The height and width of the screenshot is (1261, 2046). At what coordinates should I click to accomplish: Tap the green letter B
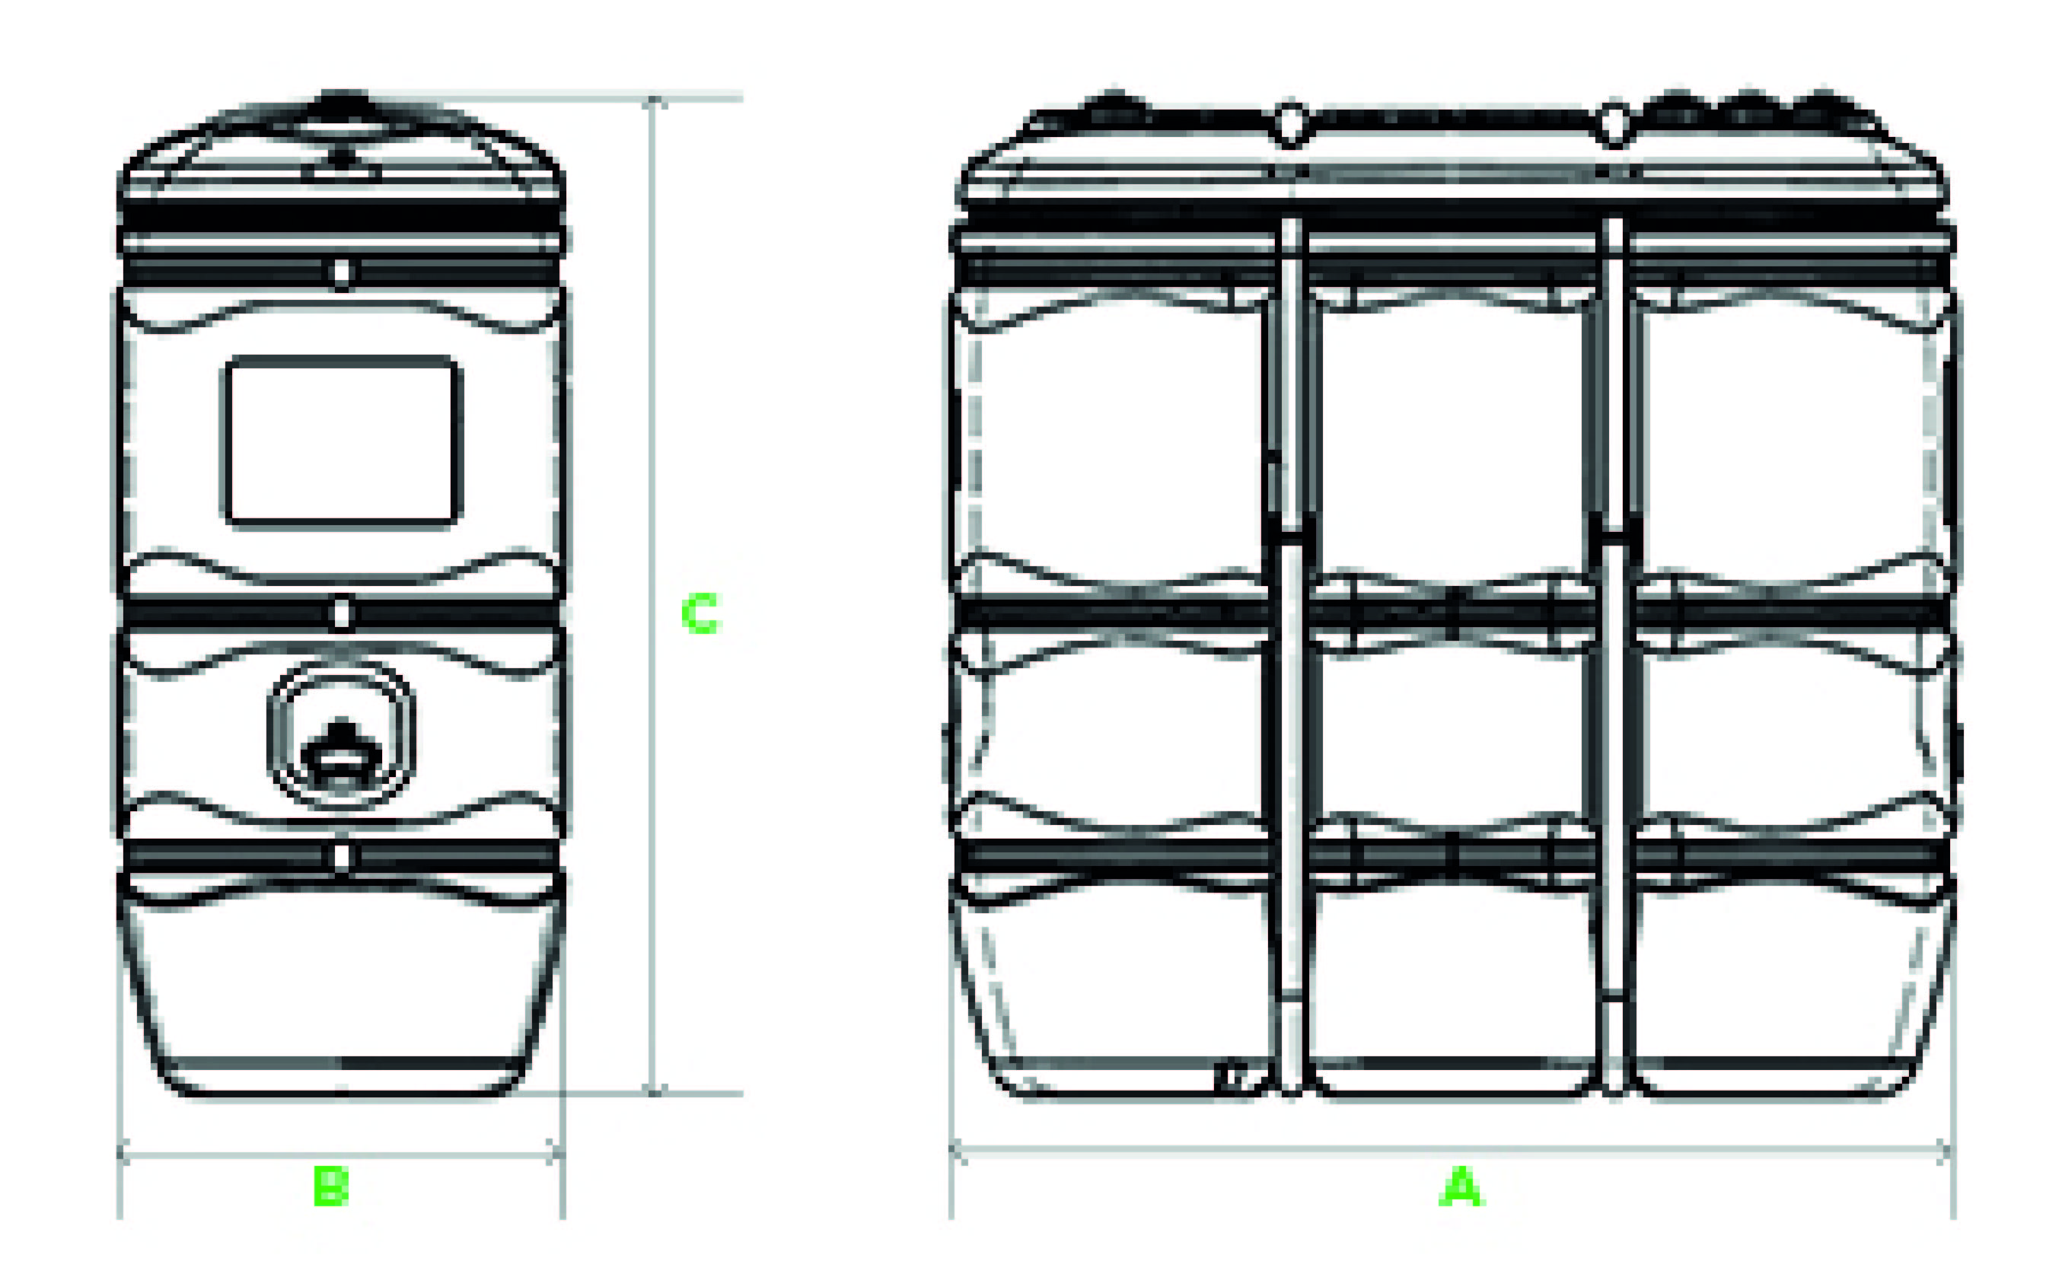point(331,1185)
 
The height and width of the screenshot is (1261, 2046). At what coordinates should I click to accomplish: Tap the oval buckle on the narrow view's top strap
point(341,272)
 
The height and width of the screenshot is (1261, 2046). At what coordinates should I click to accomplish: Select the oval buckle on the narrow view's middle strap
point(341,615)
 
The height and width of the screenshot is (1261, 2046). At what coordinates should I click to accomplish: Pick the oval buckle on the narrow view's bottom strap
point(341,856)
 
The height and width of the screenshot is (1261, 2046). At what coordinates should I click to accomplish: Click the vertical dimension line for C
point(653,595)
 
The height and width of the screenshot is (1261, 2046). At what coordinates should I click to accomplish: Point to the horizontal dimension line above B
point(341,1155)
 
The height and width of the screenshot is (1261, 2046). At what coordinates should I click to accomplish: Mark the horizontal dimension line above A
point(1452,1153)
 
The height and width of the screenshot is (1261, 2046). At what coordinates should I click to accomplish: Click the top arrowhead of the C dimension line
point(653,103)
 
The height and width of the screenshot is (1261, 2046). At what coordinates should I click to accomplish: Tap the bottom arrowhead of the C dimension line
point(653,1088)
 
